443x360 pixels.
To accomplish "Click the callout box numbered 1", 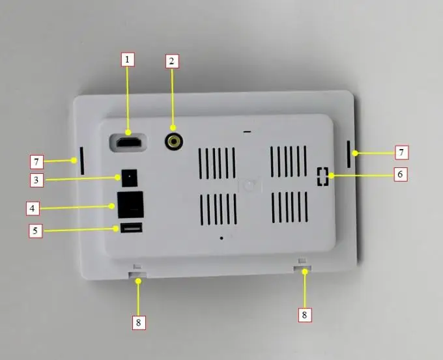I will point(128,59).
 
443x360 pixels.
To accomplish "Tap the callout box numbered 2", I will point(171,62).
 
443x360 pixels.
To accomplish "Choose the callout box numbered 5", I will point(36,230).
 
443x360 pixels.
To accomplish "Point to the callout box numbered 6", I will point(401,174).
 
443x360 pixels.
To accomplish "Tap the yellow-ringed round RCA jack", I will point(173,141).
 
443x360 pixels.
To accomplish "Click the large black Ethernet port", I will point(130,204).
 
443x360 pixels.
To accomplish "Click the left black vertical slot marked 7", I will point(82,161).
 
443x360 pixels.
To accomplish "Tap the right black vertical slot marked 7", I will point(348,154).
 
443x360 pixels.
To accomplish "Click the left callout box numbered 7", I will point(38,160).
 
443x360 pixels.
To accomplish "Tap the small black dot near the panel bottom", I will point(221,238).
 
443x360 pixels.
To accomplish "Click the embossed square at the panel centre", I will point(250,185).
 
